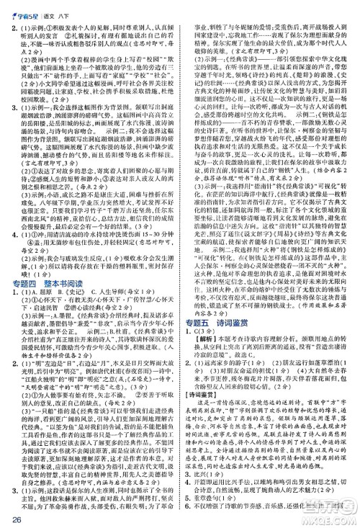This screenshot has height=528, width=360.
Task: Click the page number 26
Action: pyautogui.click(x=17, y=517)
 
